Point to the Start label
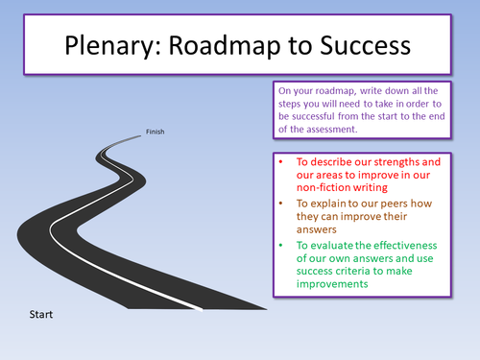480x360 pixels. click(x=40, y=314)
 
